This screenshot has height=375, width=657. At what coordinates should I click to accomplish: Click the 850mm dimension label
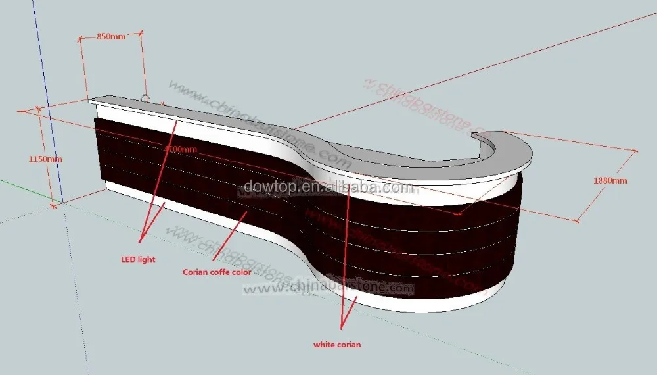coord(111,37)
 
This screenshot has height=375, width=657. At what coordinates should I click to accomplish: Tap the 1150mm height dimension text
coord(45,159)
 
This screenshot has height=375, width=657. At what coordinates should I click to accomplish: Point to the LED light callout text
coord(137,259)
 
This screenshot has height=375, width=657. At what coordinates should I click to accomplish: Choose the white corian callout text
coord(337,344)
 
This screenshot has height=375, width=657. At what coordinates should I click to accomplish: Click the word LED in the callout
coord(127,259)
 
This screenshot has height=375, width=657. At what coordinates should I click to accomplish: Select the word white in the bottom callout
coord(323,344)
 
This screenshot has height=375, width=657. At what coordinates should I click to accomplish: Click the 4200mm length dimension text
coord(181,149)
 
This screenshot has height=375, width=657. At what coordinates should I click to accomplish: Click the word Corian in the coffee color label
coord(196,271)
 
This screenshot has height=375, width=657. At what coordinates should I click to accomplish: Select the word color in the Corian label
coord(240,271)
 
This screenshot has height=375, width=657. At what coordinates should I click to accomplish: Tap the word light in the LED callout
coord(146,259)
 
